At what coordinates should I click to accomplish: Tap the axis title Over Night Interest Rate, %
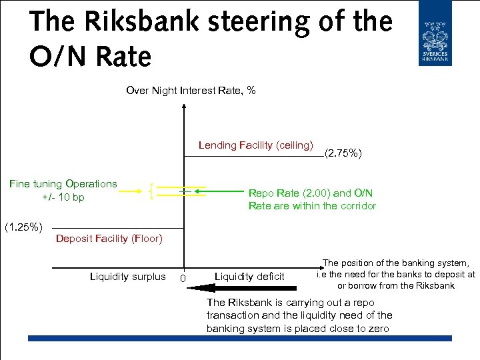(x=191, y=90)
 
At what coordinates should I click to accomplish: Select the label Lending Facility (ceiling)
(x=255, y=145)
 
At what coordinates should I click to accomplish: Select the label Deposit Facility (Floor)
(x=109, y=239)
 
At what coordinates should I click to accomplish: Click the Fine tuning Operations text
(x=63, y=184)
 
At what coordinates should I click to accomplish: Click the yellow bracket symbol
(x=153, y=190)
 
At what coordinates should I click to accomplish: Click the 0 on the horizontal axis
(x=183, y=278)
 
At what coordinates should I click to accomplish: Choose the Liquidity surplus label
(x=127, y=277)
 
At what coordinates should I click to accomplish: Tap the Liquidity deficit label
(x=249, y=277)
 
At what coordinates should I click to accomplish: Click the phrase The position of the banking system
(x=396, y=263)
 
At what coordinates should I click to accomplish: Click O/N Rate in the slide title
(x=90, y=57)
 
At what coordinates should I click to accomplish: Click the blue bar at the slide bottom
(x=240, y=339)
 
